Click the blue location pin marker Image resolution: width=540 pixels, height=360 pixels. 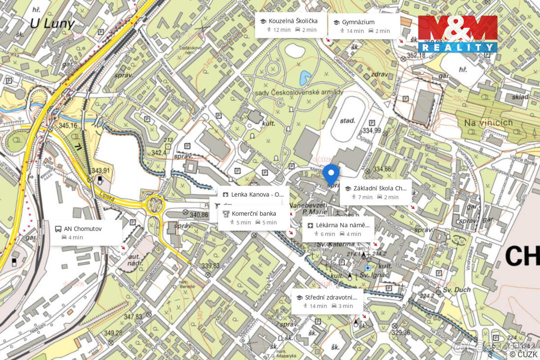331,173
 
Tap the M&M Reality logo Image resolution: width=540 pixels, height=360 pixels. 458,34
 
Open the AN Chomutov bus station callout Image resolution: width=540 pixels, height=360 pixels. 85,233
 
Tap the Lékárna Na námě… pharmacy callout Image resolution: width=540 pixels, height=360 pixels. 338,229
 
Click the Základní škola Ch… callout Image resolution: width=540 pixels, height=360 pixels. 375,192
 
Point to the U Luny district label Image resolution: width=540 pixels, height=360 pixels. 52,24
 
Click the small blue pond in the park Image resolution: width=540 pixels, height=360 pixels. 305,78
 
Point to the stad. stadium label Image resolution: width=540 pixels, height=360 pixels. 347,121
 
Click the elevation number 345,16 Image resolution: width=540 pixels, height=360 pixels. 67,126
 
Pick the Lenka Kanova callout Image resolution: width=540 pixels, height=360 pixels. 253,194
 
